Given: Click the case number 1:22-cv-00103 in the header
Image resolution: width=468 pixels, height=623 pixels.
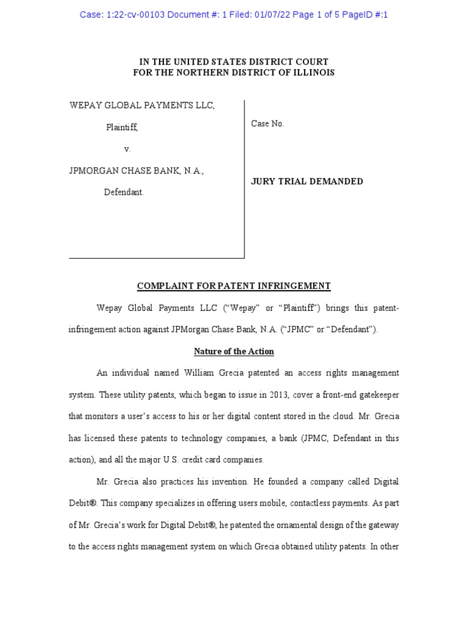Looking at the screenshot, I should pos(133,15).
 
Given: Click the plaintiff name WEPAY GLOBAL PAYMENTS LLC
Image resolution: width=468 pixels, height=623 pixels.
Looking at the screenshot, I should pos(142,105).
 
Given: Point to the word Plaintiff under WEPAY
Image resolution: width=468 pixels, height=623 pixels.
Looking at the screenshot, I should pos(121,127).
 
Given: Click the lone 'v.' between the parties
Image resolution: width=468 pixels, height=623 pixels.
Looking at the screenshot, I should pos(127,149).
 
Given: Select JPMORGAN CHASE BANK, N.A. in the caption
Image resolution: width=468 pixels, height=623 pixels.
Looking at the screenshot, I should pos(136,171).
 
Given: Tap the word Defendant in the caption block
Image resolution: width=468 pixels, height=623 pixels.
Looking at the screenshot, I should pos(124,192).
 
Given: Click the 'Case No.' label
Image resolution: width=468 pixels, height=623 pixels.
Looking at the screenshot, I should pos(268,124).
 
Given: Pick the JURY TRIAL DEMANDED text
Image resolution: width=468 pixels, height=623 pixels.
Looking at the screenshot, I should pos(307,181).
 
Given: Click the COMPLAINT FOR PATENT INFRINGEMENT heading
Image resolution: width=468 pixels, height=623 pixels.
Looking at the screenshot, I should pos(234,286).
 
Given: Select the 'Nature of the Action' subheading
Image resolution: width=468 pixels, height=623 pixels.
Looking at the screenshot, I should pos(234,352).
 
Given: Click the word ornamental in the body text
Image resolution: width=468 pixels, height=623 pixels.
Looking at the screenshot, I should pos(285,525).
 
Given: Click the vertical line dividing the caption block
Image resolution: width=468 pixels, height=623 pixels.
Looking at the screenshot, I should pos(244,179).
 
